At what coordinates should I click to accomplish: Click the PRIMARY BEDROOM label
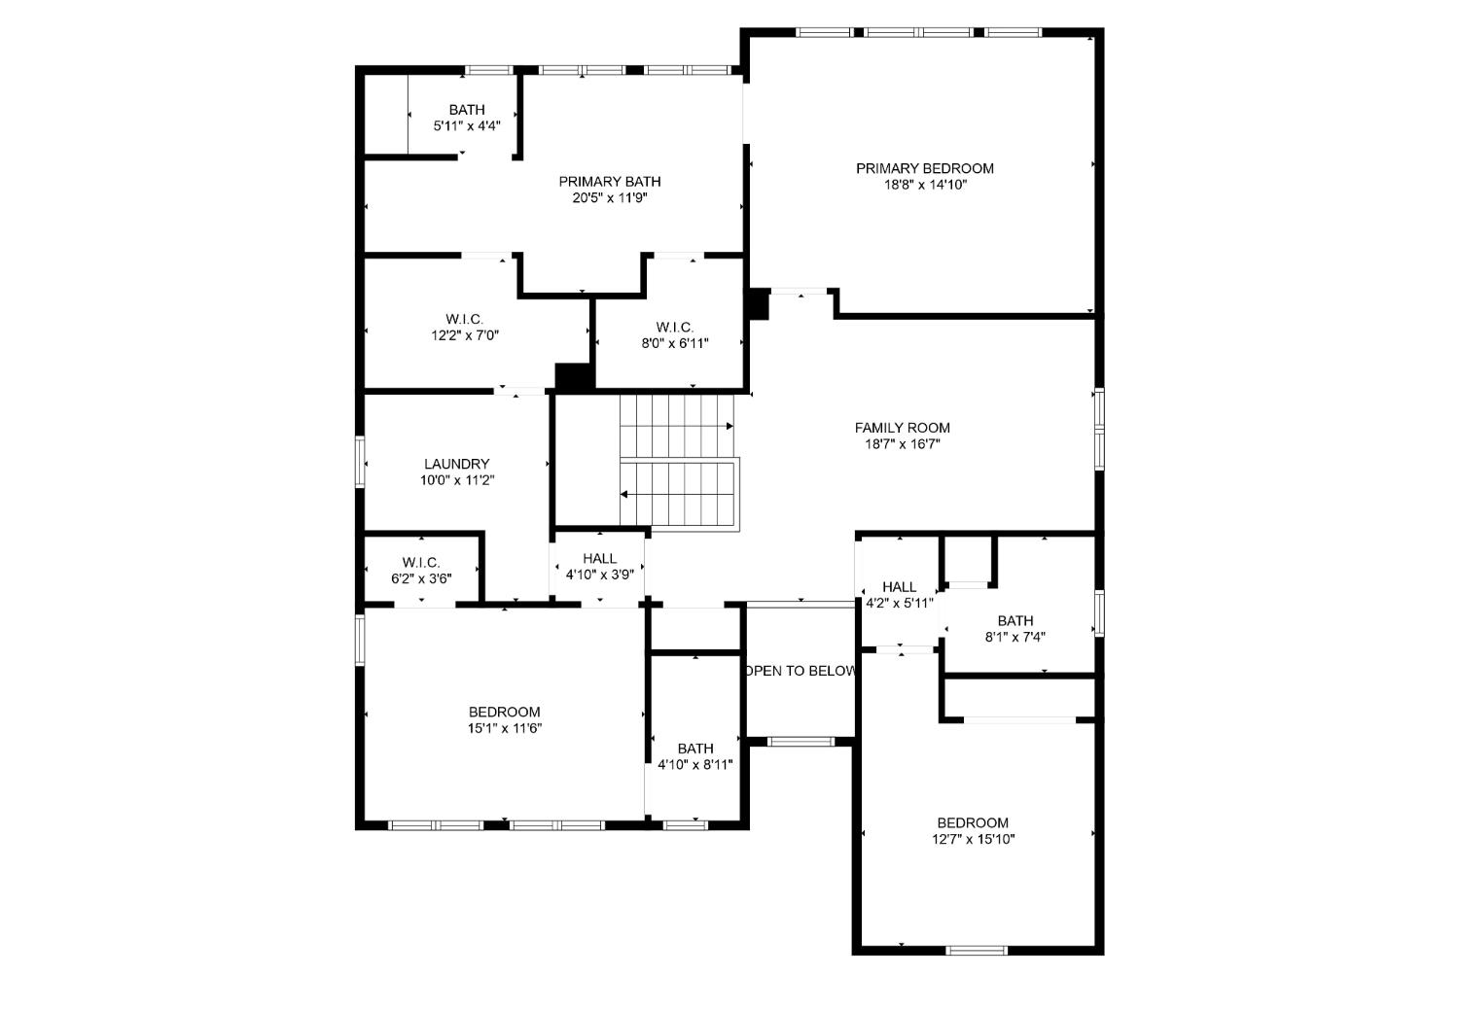coord(924,168)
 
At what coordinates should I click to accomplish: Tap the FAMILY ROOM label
coord(902,428)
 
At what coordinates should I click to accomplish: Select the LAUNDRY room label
coord(456,464)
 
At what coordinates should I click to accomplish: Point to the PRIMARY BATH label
coord(609,182)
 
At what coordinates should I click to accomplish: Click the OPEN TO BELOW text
coord(801,671)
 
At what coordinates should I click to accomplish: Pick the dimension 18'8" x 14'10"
coord(924,185)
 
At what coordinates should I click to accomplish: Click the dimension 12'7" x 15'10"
coord(973,839)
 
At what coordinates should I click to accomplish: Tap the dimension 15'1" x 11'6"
coord(504,728)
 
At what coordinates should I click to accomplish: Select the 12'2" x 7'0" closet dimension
coord(464,335)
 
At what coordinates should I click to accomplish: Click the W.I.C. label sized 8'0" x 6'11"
coord(674,327)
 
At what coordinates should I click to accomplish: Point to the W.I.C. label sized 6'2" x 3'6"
coord(421,563)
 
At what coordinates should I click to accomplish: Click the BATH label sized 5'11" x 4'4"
coord(466,110)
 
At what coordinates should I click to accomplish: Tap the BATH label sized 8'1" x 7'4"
coord(1014,621)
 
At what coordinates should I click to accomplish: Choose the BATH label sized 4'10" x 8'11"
coord(694,749)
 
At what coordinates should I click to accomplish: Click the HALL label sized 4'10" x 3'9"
coord(599,558)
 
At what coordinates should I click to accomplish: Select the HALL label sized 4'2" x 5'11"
coord(899,587)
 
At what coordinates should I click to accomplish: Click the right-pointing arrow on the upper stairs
coord(729,426)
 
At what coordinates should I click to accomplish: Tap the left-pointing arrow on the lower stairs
coord(624,494)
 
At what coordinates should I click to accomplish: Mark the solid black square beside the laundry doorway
coord(574,377)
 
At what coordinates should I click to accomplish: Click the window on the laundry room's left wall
coord(360,462)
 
